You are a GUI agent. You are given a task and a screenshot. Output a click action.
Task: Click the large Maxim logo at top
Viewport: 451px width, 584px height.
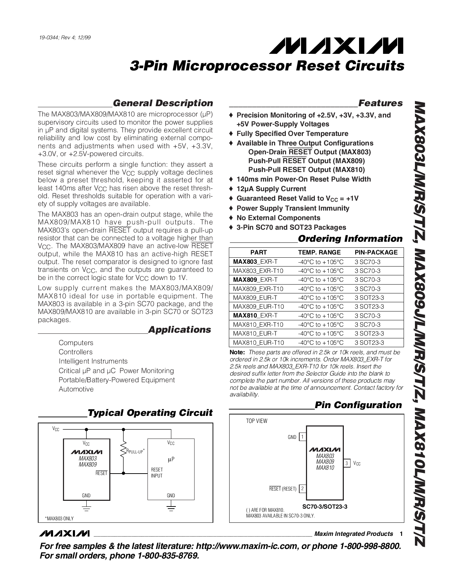(x=336, y=46)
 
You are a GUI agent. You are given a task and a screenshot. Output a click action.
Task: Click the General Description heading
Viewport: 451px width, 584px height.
(x=163, y=103)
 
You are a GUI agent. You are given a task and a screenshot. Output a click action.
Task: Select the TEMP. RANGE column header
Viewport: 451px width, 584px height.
(x=319, y=252)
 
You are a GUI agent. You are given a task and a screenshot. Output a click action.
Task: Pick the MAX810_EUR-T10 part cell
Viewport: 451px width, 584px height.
(x=258, y=343)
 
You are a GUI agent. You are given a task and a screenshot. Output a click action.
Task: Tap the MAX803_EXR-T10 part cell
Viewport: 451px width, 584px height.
(x=258, y=271)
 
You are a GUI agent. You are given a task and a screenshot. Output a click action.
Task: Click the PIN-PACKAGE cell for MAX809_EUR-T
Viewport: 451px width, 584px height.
(x=369, y=298)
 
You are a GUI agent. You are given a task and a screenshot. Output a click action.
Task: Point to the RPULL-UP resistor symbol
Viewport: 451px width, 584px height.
(x=123, y=451)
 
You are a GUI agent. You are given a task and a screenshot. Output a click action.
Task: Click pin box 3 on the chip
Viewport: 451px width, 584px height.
(x=347, y=463)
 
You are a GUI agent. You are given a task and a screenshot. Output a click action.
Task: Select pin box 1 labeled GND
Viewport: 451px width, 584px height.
(x=302, y=437)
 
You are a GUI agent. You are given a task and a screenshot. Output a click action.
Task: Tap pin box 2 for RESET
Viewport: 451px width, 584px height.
(x=302, y=489)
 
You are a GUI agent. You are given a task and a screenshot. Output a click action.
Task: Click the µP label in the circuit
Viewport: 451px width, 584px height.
(x=171, y=459)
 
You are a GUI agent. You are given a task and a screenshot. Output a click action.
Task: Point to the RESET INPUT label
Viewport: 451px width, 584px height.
(x=157, y=473)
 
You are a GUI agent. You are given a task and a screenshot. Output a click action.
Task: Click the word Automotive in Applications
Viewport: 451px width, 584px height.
(x=76, y=389)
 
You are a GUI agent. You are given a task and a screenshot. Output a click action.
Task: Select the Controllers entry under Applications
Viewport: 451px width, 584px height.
(x=75, y=352)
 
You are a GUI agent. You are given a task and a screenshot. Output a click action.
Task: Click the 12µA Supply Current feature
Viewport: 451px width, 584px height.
(x=271, y=189)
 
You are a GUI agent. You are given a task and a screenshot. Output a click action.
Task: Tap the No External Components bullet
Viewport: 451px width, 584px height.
(x=278, y=218)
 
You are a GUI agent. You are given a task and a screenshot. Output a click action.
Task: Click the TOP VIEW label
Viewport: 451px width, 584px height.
(x=256, y=421)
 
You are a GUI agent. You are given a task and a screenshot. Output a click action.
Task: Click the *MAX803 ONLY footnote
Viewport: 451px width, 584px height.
(x=59, y=518)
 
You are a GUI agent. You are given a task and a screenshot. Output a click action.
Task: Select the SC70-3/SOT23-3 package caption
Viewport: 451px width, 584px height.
(x=325, y=506)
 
